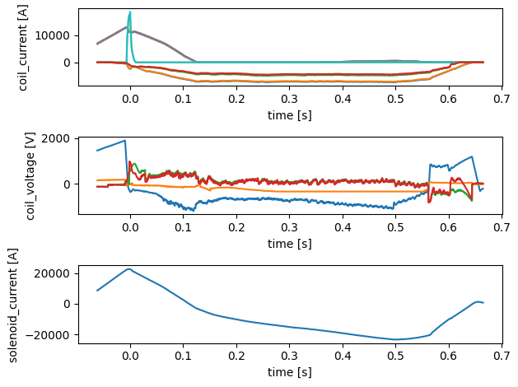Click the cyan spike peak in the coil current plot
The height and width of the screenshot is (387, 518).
click(129, 12)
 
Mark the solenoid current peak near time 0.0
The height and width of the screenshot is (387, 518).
click(128, 268)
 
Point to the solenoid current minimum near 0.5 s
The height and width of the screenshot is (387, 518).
click(396, 339)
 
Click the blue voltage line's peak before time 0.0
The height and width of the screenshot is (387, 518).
click(125, 140)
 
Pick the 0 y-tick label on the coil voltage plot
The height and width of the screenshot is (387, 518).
click(69, 184)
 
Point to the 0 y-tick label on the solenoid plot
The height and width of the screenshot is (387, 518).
click(69, 304)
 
